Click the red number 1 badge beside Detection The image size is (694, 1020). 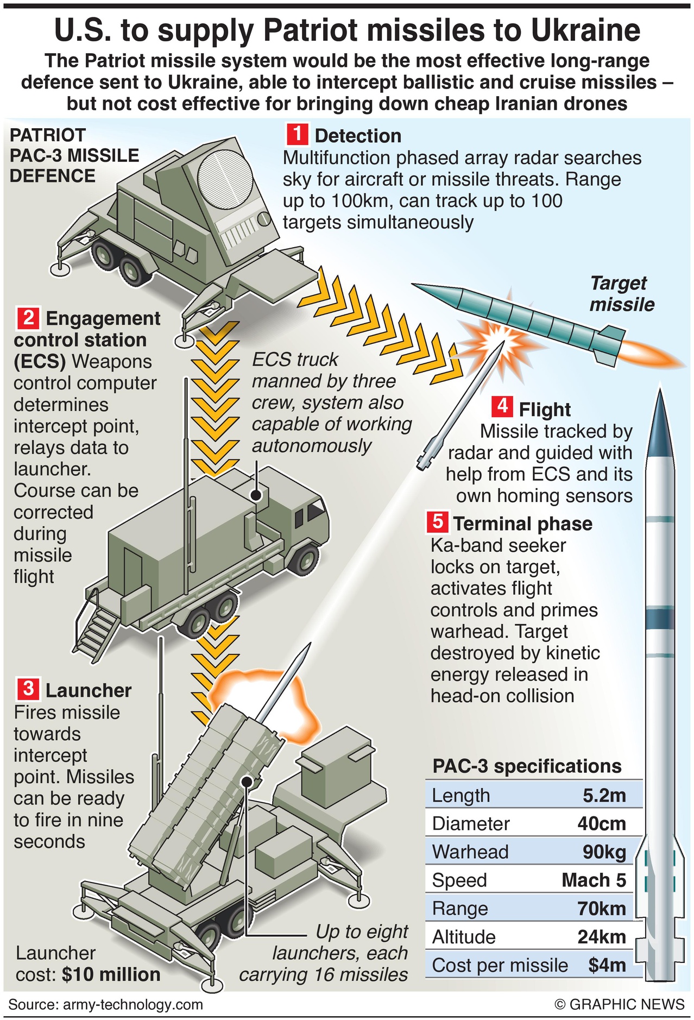click(298, 134)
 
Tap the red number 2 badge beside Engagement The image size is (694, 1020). click(28, 318)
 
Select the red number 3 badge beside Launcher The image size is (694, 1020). click(28, 689)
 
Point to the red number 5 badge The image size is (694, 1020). click(437, 522)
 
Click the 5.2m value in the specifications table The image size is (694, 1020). click(604, 796)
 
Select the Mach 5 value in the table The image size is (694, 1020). click(594, 880)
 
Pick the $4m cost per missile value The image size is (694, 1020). click(607, 965)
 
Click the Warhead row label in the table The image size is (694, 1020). click(470, 852)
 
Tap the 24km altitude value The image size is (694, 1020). click(602, 937)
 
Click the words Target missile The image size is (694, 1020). click(621, 293)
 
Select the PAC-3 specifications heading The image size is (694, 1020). click(527, 766)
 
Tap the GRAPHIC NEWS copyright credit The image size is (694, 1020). click(620, 1004)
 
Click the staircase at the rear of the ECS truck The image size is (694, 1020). click(97, 628)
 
